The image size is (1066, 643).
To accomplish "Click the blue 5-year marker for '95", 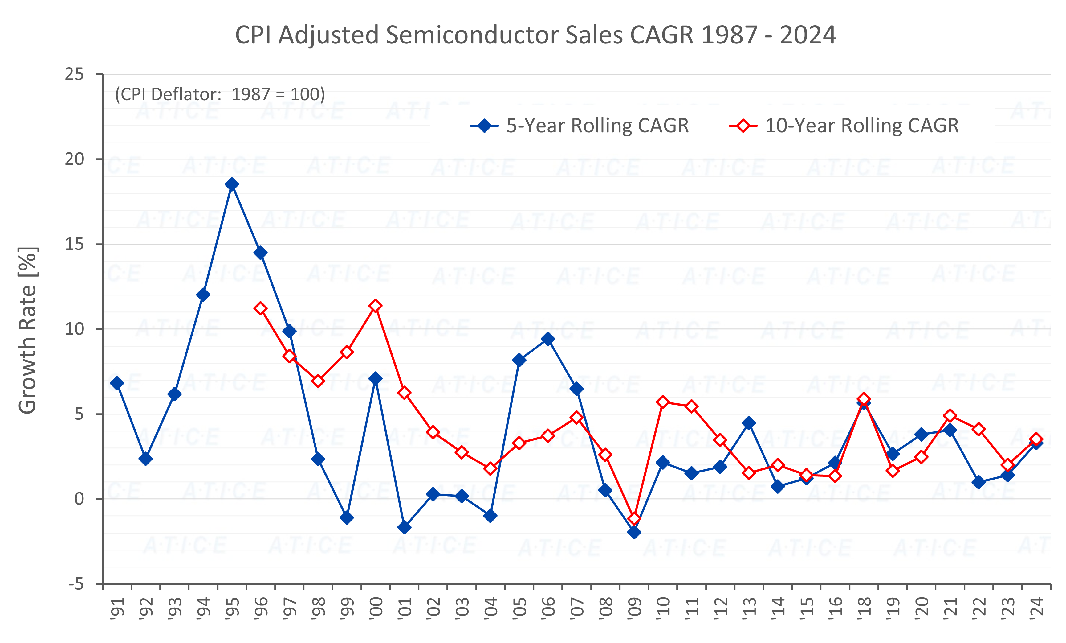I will coord(231,184).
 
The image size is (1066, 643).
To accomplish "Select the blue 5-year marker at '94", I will coord(203,295).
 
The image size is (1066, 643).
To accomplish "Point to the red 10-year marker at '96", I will coord(260,308).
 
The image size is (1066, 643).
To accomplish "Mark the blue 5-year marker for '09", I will coord(634,532).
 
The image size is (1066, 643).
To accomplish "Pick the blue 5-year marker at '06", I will coord(548,339).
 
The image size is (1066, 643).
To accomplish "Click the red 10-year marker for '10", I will coord(663,402).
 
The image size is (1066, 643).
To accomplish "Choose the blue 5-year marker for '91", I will coord(117,383).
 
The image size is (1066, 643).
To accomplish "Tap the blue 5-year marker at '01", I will coord(404,527).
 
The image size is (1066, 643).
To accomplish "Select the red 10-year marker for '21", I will coord(950,416).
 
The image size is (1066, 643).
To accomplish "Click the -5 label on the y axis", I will coord(76,584).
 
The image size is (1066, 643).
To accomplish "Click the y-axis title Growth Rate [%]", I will coord(27,330).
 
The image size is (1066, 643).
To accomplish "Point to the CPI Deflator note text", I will coord(220,94).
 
